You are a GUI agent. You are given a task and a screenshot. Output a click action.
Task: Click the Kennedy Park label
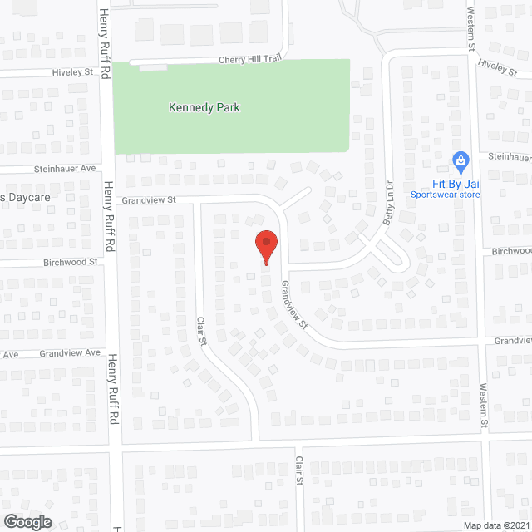click(x=198, y=107)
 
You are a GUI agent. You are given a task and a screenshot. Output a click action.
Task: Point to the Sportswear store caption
click(x=446, y=195)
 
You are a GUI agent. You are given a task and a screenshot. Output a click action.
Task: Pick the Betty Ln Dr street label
click(x=388, y=200)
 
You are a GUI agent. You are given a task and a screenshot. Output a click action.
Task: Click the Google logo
click(x=27, y=521)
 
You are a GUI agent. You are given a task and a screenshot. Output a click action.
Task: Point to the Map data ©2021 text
click(x=496, y=525)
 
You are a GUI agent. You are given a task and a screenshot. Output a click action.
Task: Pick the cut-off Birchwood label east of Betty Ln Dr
click(x=510, y=250)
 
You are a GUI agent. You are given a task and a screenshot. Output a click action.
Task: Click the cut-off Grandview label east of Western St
click(x=512, y=341)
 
